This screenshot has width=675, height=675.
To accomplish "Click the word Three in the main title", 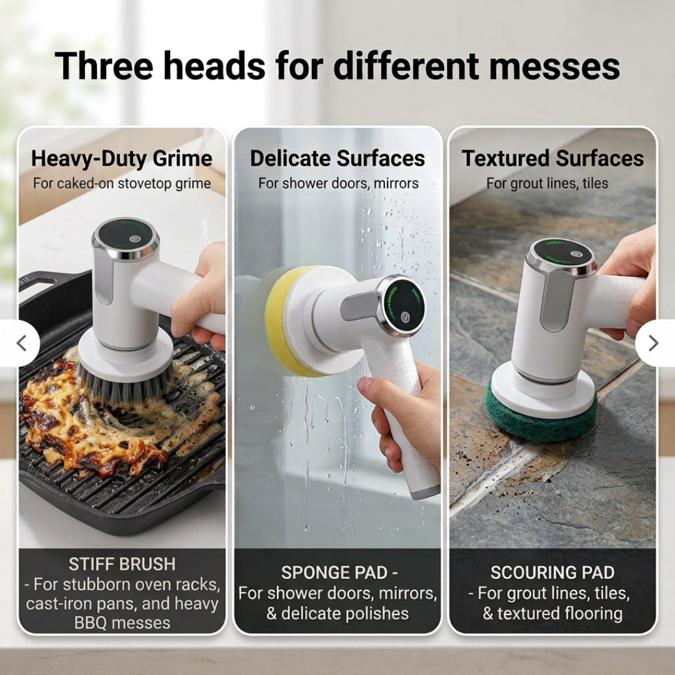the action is (104, 66).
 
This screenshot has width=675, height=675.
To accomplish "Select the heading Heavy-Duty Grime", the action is (122, 158).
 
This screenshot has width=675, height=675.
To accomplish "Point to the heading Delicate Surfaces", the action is (337, 158).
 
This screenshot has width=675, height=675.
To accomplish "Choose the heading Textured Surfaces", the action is (552, 158).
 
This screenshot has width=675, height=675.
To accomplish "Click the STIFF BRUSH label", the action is (122, 564).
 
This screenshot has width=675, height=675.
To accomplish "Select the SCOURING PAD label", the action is (552, 572).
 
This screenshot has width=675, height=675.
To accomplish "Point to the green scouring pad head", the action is (541, 420).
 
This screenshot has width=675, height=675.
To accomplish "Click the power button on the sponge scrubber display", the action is (404, 317).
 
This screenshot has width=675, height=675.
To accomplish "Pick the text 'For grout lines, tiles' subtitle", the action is (547, 183).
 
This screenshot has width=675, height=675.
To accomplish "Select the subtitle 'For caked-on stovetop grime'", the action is (122, 183).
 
